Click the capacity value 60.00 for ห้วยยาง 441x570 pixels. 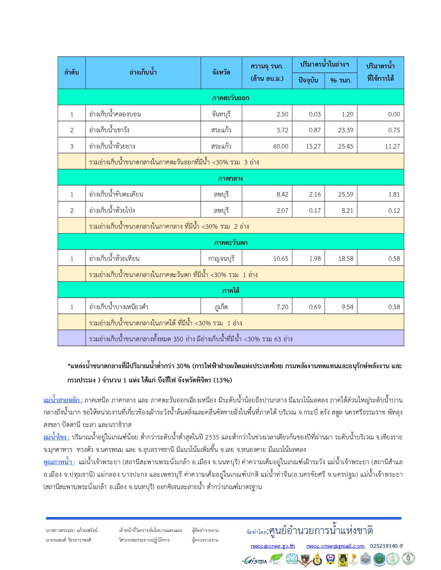click(x=281, y=146)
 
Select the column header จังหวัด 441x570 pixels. click(x=221, y=73)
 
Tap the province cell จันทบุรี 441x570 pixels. click(x=221, y=114)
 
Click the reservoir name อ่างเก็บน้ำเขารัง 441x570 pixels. click(x=109, y=130)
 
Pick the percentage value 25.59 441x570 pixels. click(x=346, y=194)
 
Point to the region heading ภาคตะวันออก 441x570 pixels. click(x=231, y=98)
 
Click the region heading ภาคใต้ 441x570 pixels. click(x=231, y=291)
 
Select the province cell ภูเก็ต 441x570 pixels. click(x=221, y=307)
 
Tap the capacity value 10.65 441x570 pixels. click(x=281, y=259)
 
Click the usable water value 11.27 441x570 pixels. click(x=392, y=146)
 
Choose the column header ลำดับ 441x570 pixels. click(x=72, y=73)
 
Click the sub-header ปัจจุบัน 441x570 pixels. click(x=309, y=81)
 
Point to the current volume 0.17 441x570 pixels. click(x=315, y=211)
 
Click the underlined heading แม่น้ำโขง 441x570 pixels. click(x=56, y=437)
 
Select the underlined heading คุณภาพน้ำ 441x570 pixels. click(x=59, y=462)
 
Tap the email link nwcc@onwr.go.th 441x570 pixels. click(x=273, y=546)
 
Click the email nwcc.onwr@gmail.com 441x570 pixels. click(x=335, y=546)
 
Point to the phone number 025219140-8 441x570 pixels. click(x=386, y=546)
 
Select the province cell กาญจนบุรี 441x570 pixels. click(x=221, y=259)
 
